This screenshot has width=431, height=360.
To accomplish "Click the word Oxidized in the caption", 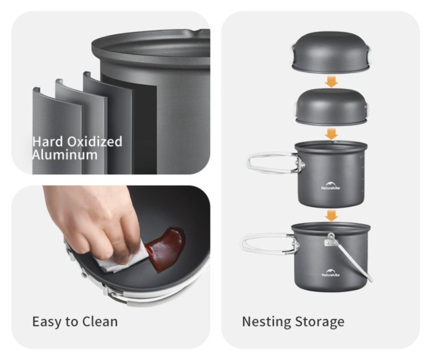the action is click(x=95, y=142).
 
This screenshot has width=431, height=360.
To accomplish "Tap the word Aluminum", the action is click(x=65, y=154).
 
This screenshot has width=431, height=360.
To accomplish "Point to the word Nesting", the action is click(x=267, y=322).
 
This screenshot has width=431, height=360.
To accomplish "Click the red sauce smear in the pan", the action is click(x=166, y=247).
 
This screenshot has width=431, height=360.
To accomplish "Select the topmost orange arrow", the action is click(x=331, y=81).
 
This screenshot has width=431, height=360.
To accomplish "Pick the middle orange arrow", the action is click(x=331, y=134).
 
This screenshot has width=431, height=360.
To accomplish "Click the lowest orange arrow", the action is click(x=331, y=215).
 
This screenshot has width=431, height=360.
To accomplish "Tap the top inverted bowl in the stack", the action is click(x=331, y=52).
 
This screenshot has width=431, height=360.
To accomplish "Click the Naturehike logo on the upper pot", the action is click(x=331, y=185).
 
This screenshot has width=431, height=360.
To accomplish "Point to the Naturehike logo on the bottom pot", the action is click(x=331, y=273).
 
